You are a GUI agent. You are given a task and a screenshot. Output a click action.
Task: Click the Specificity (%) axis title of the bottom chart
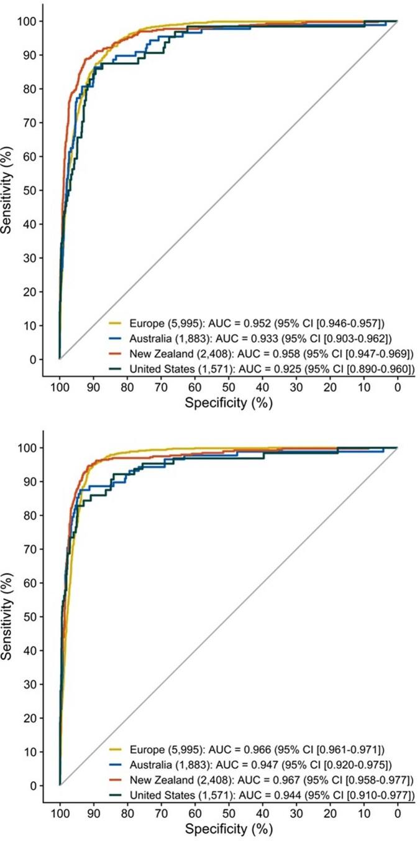coord(228,830)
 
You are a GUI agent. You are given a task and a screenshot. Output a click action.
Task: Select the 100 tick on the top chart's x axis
coord(60,386)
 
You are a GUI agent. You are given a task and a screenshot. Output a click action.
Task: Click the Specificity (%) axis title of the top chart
coord(228,403)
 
